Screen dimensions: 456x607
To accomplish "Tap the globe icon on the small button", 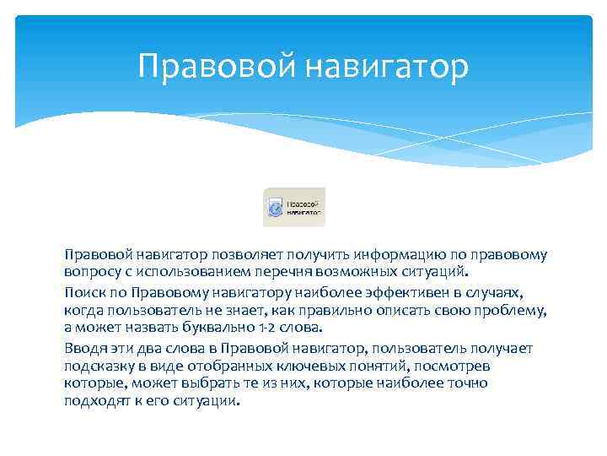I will click(x=275, y=208).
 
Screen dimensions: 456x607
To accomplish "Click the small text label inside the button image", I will click(x=304, y=208).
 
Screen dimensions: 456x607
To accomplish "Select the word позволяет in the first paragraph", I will click(x=249, y=255).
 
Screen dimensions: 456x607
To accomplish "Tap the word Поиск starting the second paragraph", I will click(x=83, y=292).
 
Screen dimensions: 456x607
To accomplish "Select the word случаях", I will click(x=517, y=292).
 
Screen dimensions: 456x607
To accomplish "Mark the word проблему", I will click(x=512, y=311).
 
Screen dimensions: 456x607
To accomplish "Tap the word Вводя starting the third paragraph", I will click(x=83, y=348).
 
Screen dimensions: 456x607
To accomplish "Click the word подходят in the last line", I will click(x=95, y=402).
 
